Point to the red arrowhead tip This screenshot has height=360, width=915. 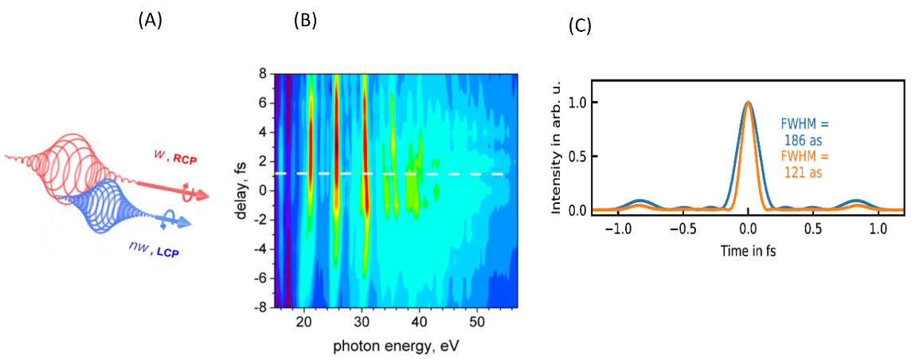209,195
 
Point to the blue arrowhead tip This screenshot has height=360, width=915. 194,222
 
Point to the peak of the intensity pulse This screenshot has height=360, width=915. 748,102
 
